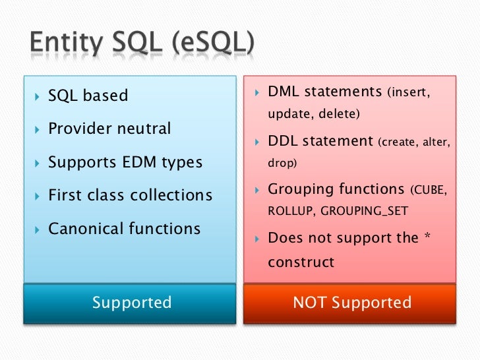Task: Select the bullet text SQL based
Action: point(88,96)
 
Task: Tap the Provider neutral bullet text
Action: point(109,129)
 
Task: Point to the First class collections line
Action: point(130,196)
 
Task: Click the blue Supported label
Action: point(132,303)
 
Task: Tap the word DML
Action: point(284,92)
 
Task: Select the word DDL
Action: point(284,141)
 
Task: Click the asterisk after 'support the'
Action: point(427,236)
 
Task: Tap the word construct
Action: point(301,262)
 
